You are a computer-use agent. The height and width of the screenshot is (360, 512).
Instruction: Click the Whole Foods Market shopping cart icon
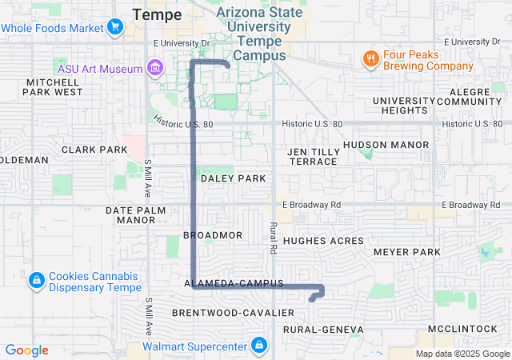(115, 28)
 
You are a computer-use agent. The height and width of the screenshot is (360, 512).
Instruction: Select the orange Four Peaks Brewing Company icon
(370, 58)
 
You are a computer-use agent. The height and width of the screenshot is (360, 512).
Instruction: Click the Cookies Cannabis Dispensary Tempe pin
(36, 281)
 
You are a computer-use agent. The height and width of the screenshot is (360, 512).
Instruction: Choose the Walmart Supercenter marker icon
(258, 346)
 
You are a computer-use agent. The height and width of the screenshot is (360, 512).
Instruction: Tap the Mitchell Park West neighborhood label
(54, 87)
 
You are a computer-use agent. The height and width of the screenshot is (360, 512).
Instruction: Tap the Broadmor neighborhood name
(212, 235)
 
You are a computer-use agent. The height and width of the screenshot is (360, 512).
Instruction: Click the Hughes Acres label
(323, 241)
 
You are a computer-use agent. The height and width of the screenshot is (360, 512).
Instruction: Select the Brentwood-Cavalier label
(222, 312)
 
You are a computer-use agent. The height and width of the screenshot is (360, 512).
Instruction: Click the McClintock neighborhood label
(463, 329)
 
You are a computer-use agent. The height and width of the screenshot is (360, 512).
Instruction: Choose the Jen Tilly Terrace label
(313, 156)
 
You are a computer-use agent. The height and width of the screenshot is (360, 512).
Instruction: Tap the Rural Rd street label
(273, 238)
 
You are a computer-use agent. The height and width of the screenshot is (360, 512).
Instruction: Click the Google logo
(27, 350)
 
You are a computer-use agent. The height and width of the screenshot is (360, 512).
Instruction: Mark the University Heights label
(405, 106)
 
